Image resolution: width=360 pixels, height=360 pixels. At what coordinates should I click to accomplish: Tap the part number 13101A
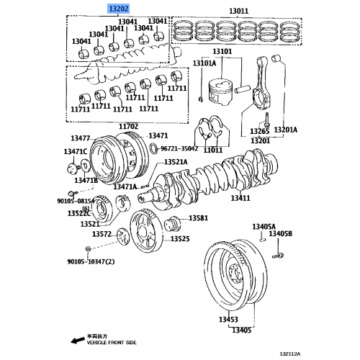pos(204,64)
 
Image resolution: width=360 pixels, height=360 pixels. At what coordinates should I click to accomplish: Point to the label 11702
pos(129,126)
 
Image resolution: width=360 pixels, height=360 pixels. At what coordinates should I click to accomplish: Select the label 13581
pos(198,218)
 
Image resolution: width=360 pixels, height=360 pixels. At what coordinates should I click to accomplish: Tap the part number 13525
pos(180,238)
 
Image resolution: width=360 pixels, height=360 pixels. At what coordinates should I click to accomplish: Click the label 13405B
pos(280,234)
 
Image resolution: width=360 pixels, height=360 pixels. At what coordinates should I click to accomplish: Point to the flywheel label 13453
pos(228,318)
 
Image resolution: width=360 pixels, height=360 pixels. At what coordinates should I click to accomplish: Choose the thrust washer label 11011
pos(213,150)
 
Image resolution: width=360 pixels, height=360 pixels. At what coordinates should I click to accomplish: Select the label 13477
pos(81,138)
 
